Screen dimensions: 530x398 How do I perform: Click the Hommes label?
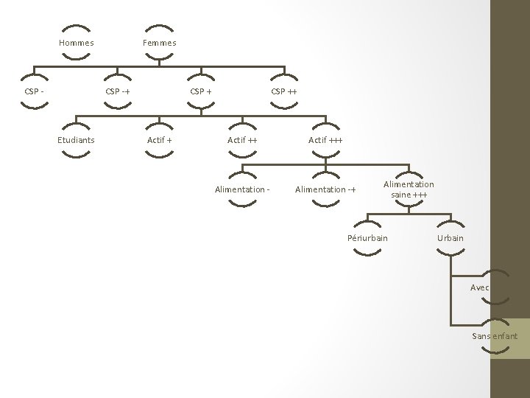(77, 43)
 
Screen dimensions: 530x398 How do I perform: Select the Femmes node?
(160, 43)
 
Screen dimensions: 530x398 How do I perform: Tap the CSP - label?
(34, 91)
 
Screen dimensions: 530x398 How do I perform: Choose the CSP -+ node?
(118, 91)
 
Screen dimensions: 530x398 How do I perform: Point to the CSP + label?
(201, 91)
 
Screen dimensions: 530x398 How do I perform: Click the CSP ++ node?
(284, 91)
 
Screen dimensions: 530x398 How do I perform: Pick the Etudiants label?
(77, 140)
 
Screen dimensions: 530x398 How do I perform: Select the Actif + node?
(160, 140)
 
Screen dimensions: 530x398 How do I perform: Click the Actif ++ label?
(242, 140)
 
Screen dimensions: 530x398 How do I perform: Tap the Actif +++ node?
(325, 140)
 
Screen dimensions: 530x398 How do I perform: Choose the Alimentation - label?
(242, 189)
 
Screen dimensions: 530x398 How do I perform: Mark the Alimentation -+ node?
(325, 189)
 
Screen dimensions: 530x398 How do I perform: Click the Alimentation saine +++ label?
(409, 189)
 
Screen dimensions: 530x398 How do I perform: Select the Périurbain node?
(367, 238)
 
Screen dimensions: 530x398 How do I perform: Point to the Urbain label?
(451, 238)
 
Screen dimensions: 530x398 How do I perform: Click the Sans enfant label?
(495, 336)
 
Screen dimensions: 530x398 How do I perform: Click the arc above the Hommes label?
(77, 29)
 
